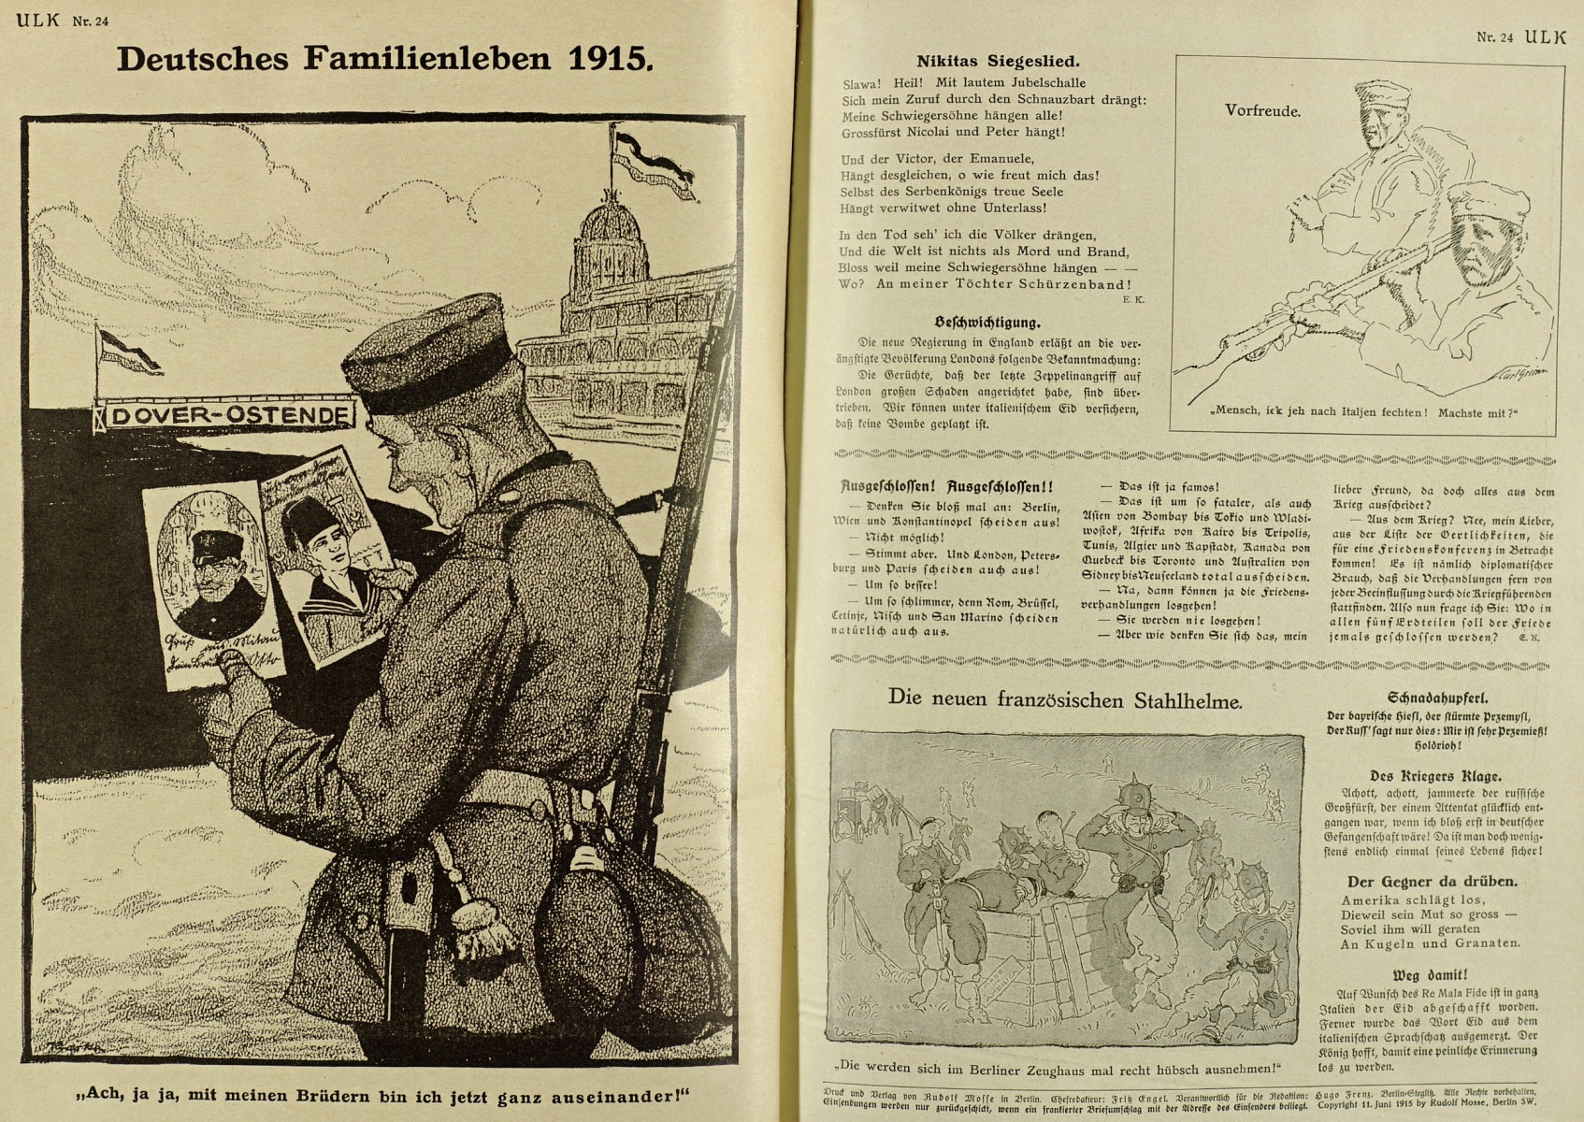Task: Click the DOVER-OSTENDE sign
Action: (226, 415)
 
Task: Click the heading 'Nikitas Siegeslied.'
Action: (997, 62)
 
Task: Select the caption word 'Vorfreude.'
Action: (1262, 110)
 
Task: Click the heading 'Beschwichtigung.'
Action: (986, 323)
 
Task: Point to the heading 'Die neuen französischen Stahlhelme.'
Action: (1065, 698)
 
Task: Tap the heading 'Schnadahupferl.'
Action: (1437, 698)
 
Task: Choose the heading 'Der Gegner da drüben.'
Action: (1432, 881)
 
